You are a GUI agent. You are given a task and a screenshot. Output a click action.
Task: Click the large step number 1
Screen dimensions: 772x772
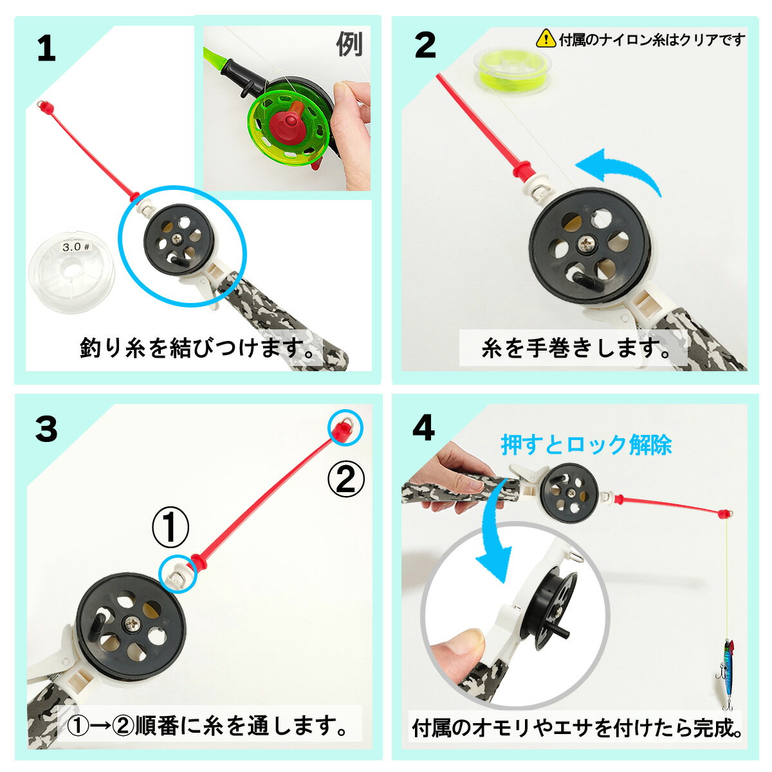[x=46, y=50]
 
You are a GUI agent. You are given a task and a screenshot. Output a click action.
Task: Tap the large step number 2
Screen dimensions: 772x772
[x=425, y=46]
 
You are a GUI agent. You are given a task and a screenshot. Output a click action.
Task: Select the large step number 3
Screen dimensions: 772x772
[x=46, y=428]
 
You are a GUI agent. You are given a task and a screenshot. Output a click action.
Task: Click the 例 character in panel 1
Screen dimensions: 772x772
[x=349, y=44]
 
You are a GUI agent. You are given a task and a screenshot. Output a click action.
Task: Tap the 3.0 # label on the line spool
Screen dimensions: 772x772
[x=75, y=246]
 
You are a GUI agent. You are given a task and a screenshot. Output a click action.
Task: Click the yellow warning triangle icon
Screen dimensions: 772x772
[x=546, y=39]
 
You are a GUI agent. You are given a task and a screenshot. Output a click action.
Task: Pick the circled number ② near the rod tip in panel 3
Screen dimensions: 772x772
[x=346, y=479]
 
